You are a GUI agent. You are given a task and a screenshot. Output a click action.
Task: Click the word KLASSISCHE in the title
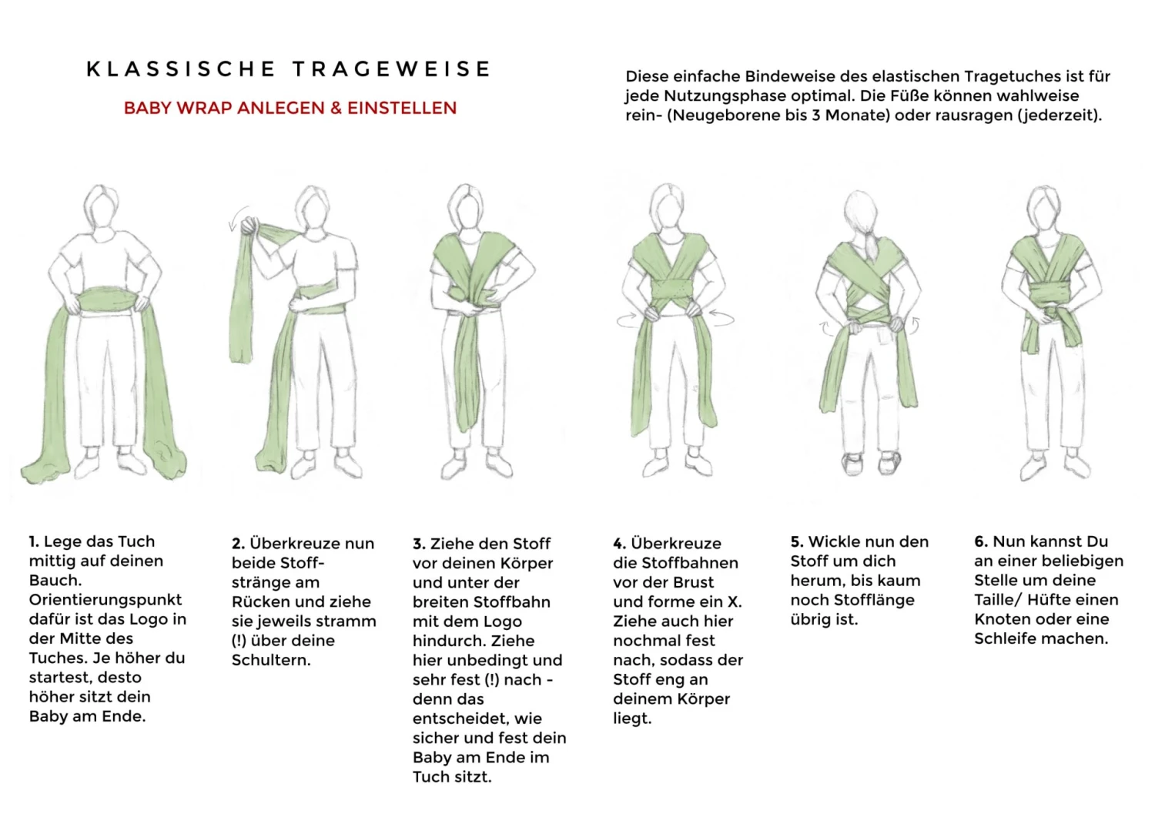coord(181,69)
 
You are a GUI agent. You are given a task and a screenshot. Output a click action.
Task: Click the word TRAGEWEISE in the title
coord(392,69)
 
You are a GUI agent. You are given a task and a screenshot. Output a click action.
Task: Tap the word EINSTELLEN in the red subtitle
coord(402,108)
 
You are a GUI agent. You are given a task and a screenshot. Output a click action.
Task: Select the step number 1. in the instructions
coord(34,541)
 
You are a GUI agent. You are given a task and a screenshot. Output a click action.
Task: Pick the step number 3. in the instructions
coord(419,544)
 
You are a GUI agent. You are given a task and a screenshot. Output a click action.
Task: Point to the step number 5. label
coord(797,542)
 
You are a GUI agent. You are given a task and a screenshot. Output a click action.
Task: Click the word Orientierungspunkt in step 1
coord(105,601)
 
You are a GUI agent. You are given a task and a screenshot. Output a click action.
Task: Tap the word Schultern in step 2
coord(269,660)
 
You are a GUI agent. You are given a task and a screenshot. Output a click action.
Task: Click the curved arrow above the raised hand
coord(236,216)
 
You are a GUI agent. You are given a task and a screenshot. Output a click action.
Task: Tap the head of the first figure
coord(101,206)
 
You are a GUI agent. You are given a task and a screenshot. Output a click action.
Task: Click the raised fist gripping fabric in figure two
coord(251,226)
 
